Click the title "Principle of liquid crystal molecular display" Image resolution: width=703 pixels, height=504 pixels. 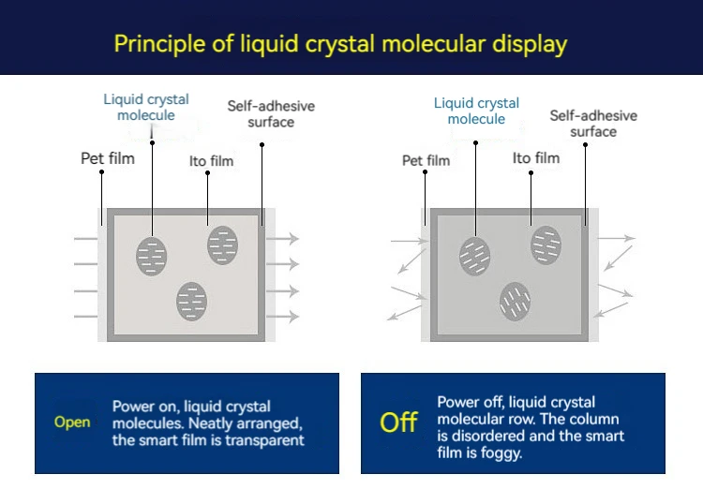[x=340, y=43]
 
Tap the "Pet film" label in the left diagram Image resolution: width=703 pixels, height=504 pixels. [x=108, y=158]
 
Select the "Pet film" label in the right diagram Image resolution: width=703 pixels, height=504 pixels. [x=426, y=160]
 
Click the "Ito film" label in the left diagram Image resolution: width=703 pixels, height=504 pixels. [x=211, y=161]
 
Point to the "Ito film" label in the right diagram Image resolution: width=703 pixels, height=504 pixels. [x=536, y=157]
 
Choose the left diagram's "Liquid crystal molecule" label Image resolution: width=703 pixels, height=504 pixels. [x=146, y=107]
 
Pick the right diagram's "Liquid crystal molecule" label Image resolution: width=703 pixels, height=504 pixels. [x=476, y=111]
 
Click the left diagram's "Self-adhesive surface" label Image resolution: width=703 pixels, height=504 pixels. [x=271, y=113]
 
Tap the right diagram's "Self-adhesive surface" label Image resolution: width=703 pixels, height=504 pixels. [x=593, y=123]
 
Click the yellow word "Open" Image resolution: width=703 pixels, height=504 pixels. [x=72, y=422]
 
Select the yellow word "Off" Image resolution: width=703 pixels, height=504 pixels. [x=398, y=422]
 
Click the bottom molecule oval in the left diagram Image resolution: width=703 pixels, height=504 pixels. [x=192, y=301]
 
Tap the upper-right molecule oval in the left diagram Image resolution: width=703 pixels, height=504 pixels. [x=223, y=245]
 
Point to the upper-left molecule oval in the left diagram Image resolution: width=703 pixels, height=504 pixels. [x=152, y=256]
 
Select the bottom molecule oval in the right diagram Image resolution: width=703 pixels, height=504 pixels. [x=515, y=300]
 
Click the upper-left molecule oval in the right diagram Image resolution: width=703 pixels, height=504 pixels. [x=474, y=255]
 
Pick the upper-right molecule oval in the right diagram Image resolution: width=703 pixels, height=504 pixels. [x=546, y=245]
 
